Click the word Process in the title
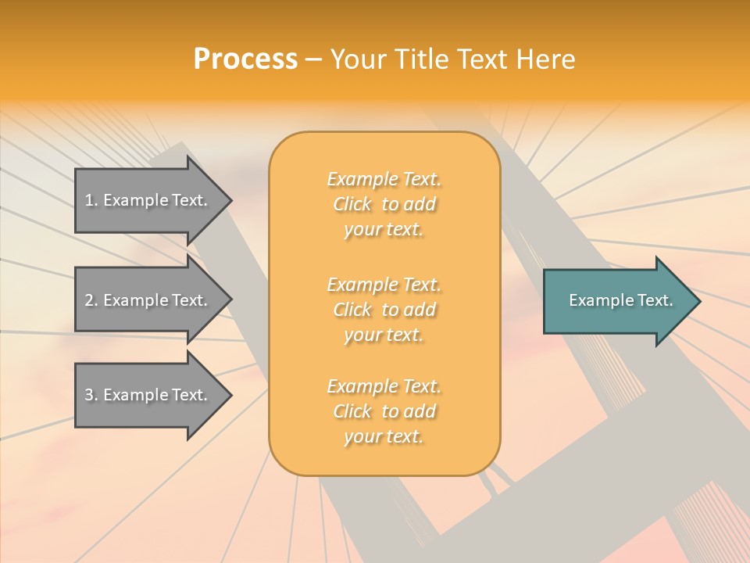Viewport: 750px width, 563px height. (245, 59)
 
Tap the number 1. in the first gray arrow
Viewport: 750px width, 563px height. (91, 200)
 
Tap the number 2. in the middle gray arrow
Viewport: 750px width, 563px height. (91, 300)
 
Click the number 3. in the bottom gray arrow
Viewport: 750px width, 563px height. (91, 395)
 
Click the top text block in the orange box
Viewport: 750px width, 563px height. (384, 204)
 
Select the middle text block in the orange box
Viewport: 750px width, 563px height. (384, 310)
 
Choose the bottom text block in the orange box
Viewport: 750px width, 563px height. (384, 411)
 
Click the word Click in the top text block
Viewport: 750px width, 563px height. (352, 204)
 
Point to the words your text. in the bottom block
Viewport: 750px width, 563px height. (384, 436)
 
